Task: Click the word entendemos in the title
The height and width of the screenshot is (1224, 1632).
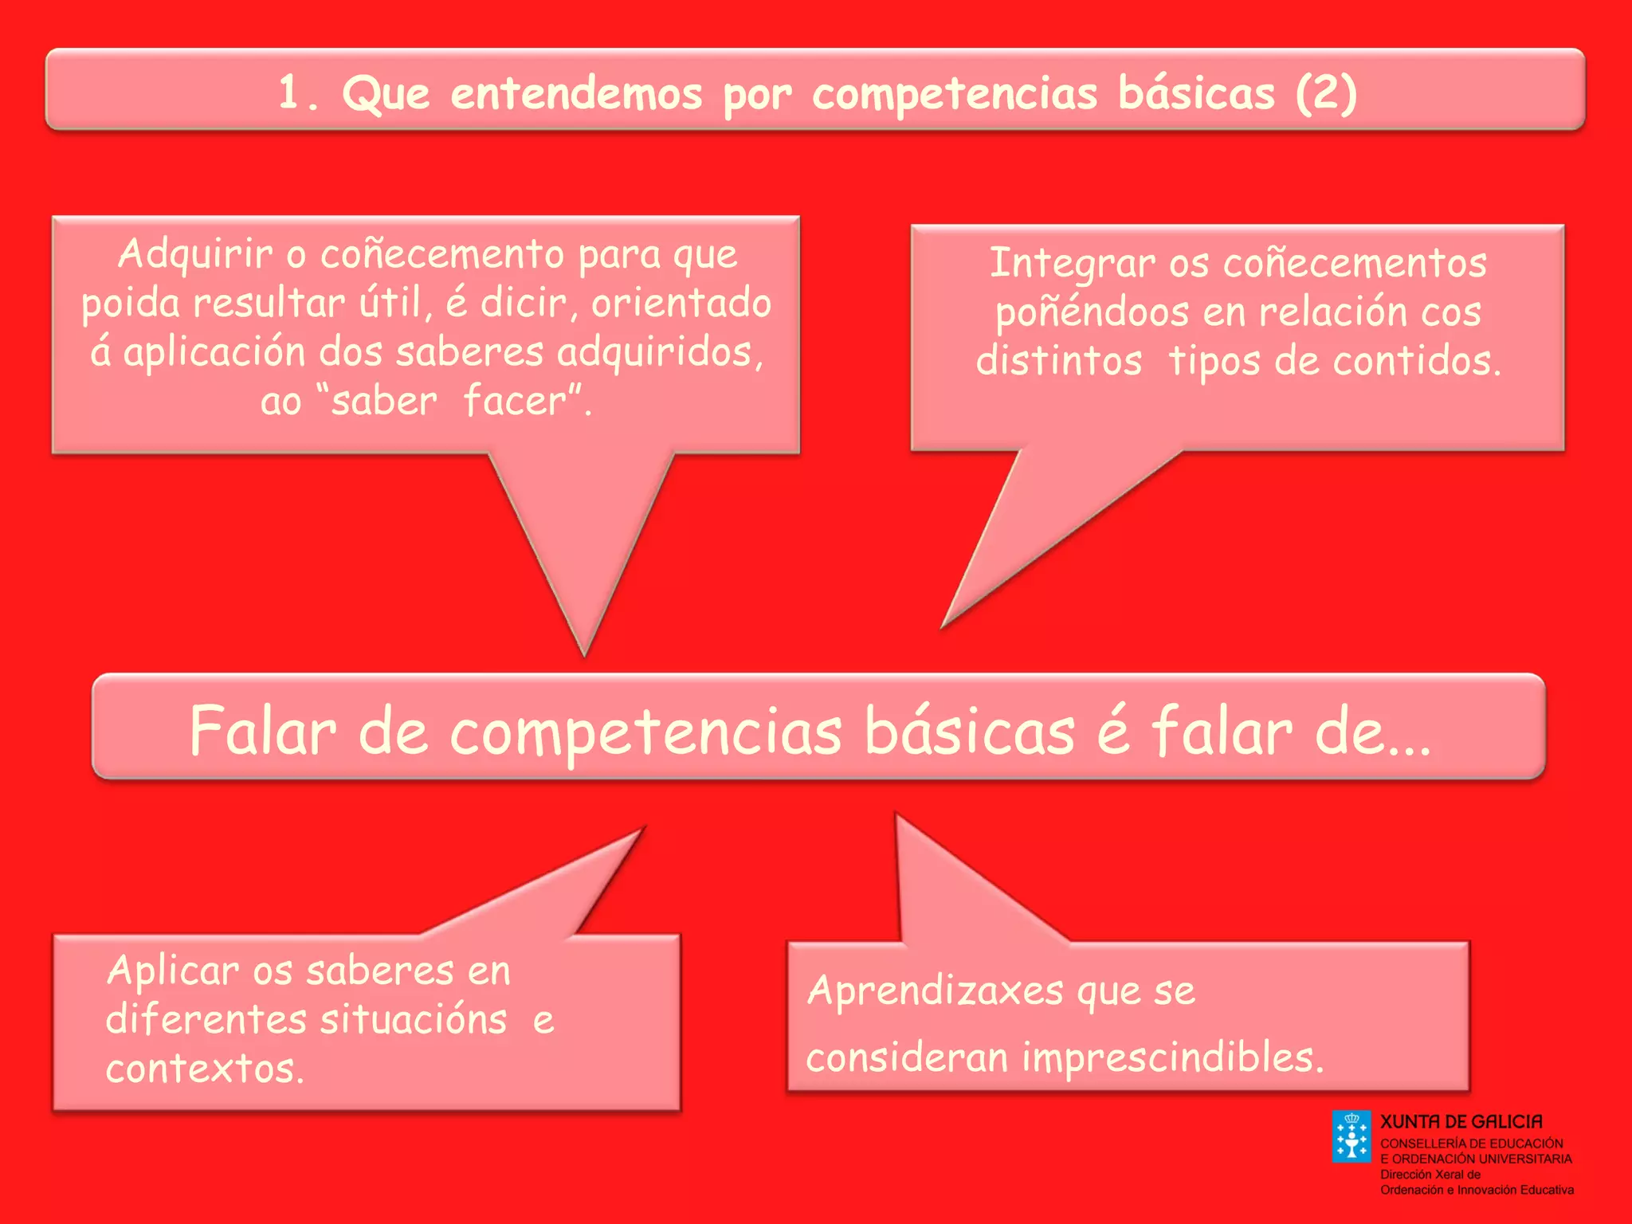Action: [x=576, y=94]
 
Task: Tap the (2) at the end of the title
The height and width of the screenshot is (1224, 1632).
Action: [x=1326, y=94]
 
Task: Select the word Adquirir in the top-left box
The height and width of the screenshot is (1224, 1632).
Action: [x=195, y=255]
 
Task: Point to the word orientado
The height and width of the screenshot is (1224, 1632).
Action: [x=681, y=303]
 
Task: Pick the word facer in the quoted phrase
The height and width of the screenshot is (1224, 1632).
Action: [x=515, y=400]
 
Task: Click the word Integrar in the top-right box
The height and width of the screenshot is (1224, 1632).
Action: [x=1072, y=264]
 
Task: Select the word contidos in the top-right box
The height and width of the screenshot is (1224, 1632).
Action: [x=1416, y=361]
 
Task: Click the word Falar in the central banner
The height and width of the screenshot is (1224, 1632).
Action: [x=263, y=731]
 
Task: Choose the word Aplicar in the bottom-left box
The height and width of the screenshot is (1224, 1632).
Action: [x=173, y=971]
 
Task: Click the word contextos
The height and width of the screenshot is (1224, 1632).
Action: [x=205, y=1069]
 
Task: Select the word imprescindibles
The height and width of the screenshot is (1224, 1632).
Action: [x=1172, y=1057]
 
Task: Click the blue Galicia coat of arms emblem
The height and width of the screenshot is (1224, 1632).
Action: [x=1351, y=1137]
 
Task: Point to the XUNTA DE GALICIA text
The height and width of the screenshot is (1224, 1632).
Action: [x=1461, y=1122]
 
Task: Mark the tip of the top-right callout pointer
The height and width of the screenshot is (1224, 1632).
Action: [x=943, y=626]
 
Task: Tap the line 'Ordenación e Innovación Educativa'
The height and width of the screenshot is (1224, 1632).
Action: [x=1477, y=1190]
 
